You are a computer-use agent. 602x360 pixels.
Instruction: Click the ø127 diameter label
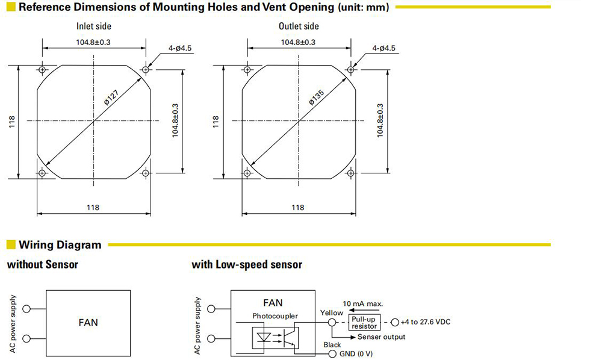pos(112,98)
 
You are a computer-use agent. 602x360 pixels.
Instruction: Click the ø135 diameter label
pos(317,98)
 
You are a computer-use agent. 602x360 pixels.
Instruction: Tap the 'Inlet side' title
pos(94,26)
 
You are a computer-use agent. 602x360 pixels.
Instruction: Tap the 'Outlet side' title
pos(299,26)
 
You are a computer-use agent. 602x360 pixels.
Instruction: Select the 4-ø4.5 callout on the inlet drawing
pos(179,48)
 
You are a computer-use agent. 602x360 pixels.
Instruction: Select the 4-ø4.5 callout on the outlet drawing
pos(383,48)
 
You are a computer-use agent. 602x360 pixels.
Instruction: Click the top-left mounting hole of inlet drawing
pos(42,69)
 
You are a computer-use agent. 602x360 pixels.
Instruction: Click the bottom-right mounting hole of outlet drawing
pos(350,173)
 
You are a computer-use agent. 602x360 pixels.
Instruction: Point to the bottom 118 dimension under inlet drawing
pos(93,208)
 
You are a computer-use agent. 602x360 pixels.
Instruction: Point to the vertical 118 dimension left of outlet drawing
pos(216,122)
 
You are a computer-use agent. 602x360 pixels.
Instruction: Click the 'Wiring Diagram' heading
pos(60,245)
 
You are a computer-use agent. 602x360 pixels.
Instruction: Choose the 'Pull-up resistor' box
pos(364,323)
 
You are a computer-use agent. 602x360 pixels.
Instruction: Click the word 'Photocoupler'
pos(275,316)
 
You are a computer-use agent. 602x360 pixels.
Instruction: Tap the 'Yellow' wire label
pos(332,313)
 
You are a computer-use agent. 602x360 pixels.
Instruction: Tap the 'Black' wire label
pos(332,344)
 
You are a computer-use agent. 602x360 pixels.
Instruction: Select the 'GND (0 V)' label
pos(356,353)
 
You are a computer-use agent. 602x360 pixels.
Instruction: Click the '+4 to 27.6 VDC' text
pos(426,322)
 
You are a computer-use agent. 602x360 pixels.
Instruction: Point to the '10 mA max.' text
pos(363,303)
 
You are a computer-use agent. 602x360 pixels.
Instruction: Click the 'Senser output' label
pos(381,337)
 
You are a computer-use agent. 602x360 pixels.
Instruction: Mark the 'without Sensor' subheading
pos(43,264)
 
